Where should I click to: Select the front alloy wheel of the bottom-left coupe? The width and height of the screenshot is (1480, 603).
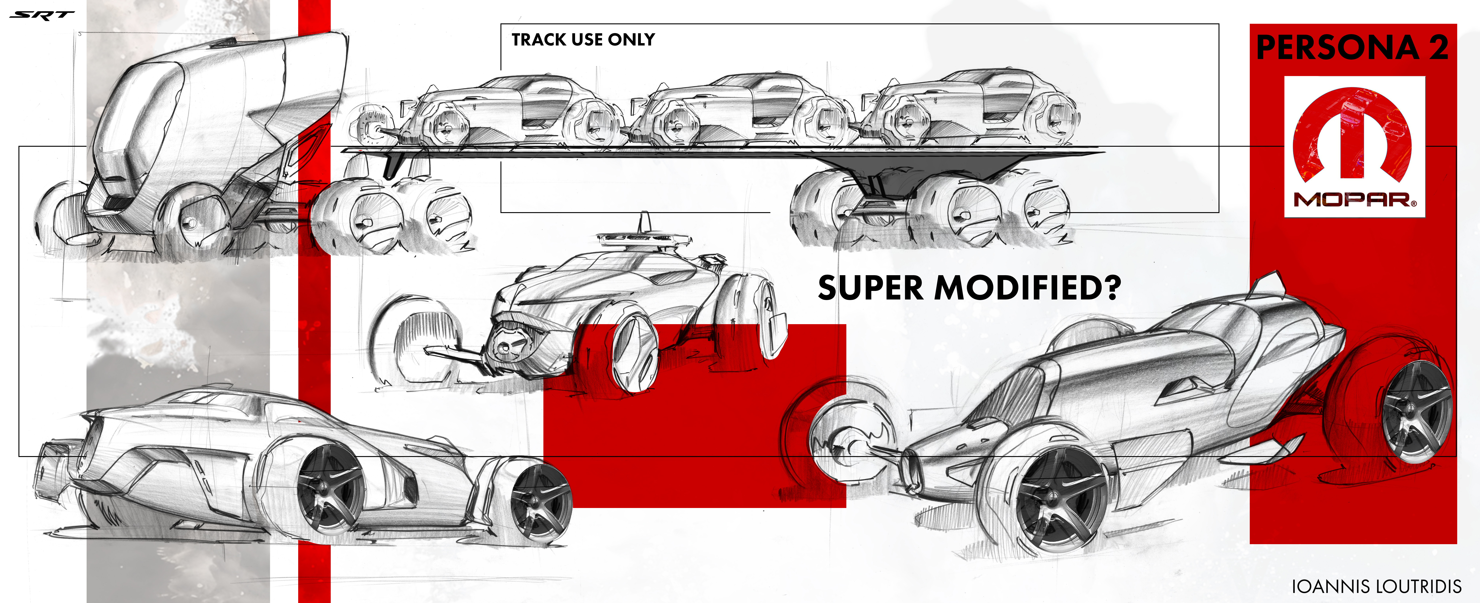(540, 503)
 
